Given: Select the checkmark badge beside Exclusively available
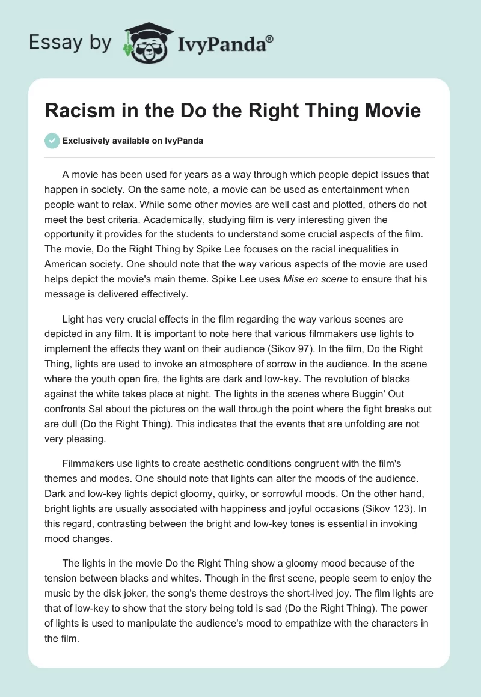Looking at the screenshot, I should (52, 141).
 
